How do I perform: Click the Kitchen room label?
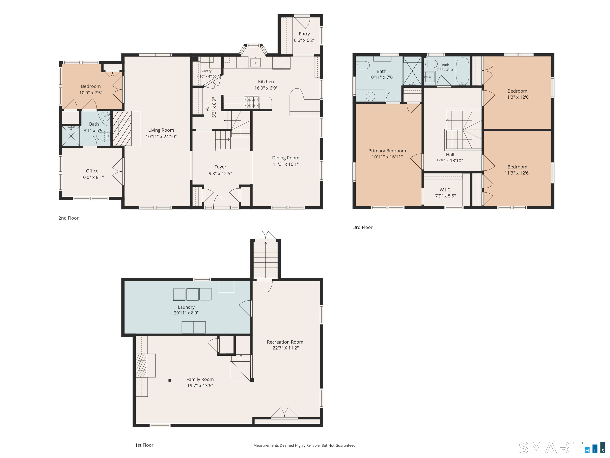tap(266, 82)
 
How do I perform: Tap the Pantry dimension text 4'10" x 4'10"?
tap(206, 77)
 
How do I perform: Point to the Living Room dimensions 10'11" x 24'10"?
tap(161, 136)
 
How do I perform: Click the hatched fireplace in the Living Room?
tap(122, 128)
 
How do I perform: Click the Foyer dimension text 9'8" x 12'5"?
tap(220, 173)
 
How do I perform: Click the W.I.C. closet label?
tap(445, 190)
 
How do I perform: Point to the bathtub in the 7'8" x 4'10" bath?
tap(462, 71)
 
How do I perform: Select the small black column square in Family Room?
tap(170, 380)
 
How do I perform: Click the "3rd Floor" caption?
tap(363, 227)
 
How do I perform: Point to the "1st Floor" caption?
tap(144, 445)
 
